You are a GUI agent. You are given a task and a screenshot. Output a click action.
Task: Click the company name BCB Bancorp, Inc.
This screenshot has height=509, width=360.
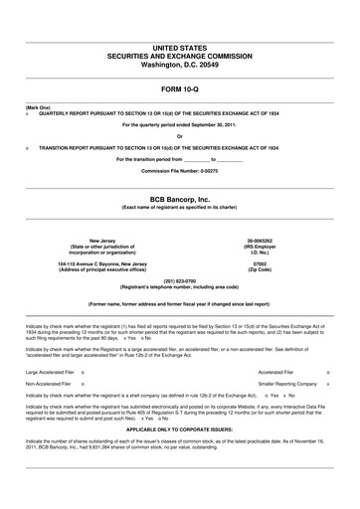179,199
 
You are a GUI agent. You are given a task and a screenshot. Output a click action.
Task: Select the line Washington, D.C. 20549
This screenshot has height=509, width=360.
179,62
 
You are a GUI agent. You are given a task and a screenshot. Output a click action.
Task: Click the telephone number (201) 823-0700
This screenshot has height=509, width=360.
179,280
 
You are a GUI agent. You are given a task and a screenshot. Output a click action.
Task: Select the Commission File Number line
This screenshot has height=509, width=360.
179,171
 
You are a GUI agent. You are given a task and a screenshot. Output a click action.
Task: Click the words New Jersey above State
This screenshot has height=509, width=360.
101,241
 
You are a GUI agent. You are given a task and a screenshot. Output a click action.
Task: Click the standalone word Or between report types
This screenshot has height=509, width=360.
179,136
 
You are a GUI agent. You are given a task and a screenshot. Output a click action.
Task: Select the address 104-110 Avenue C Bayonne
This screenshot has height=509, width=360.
101,264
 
